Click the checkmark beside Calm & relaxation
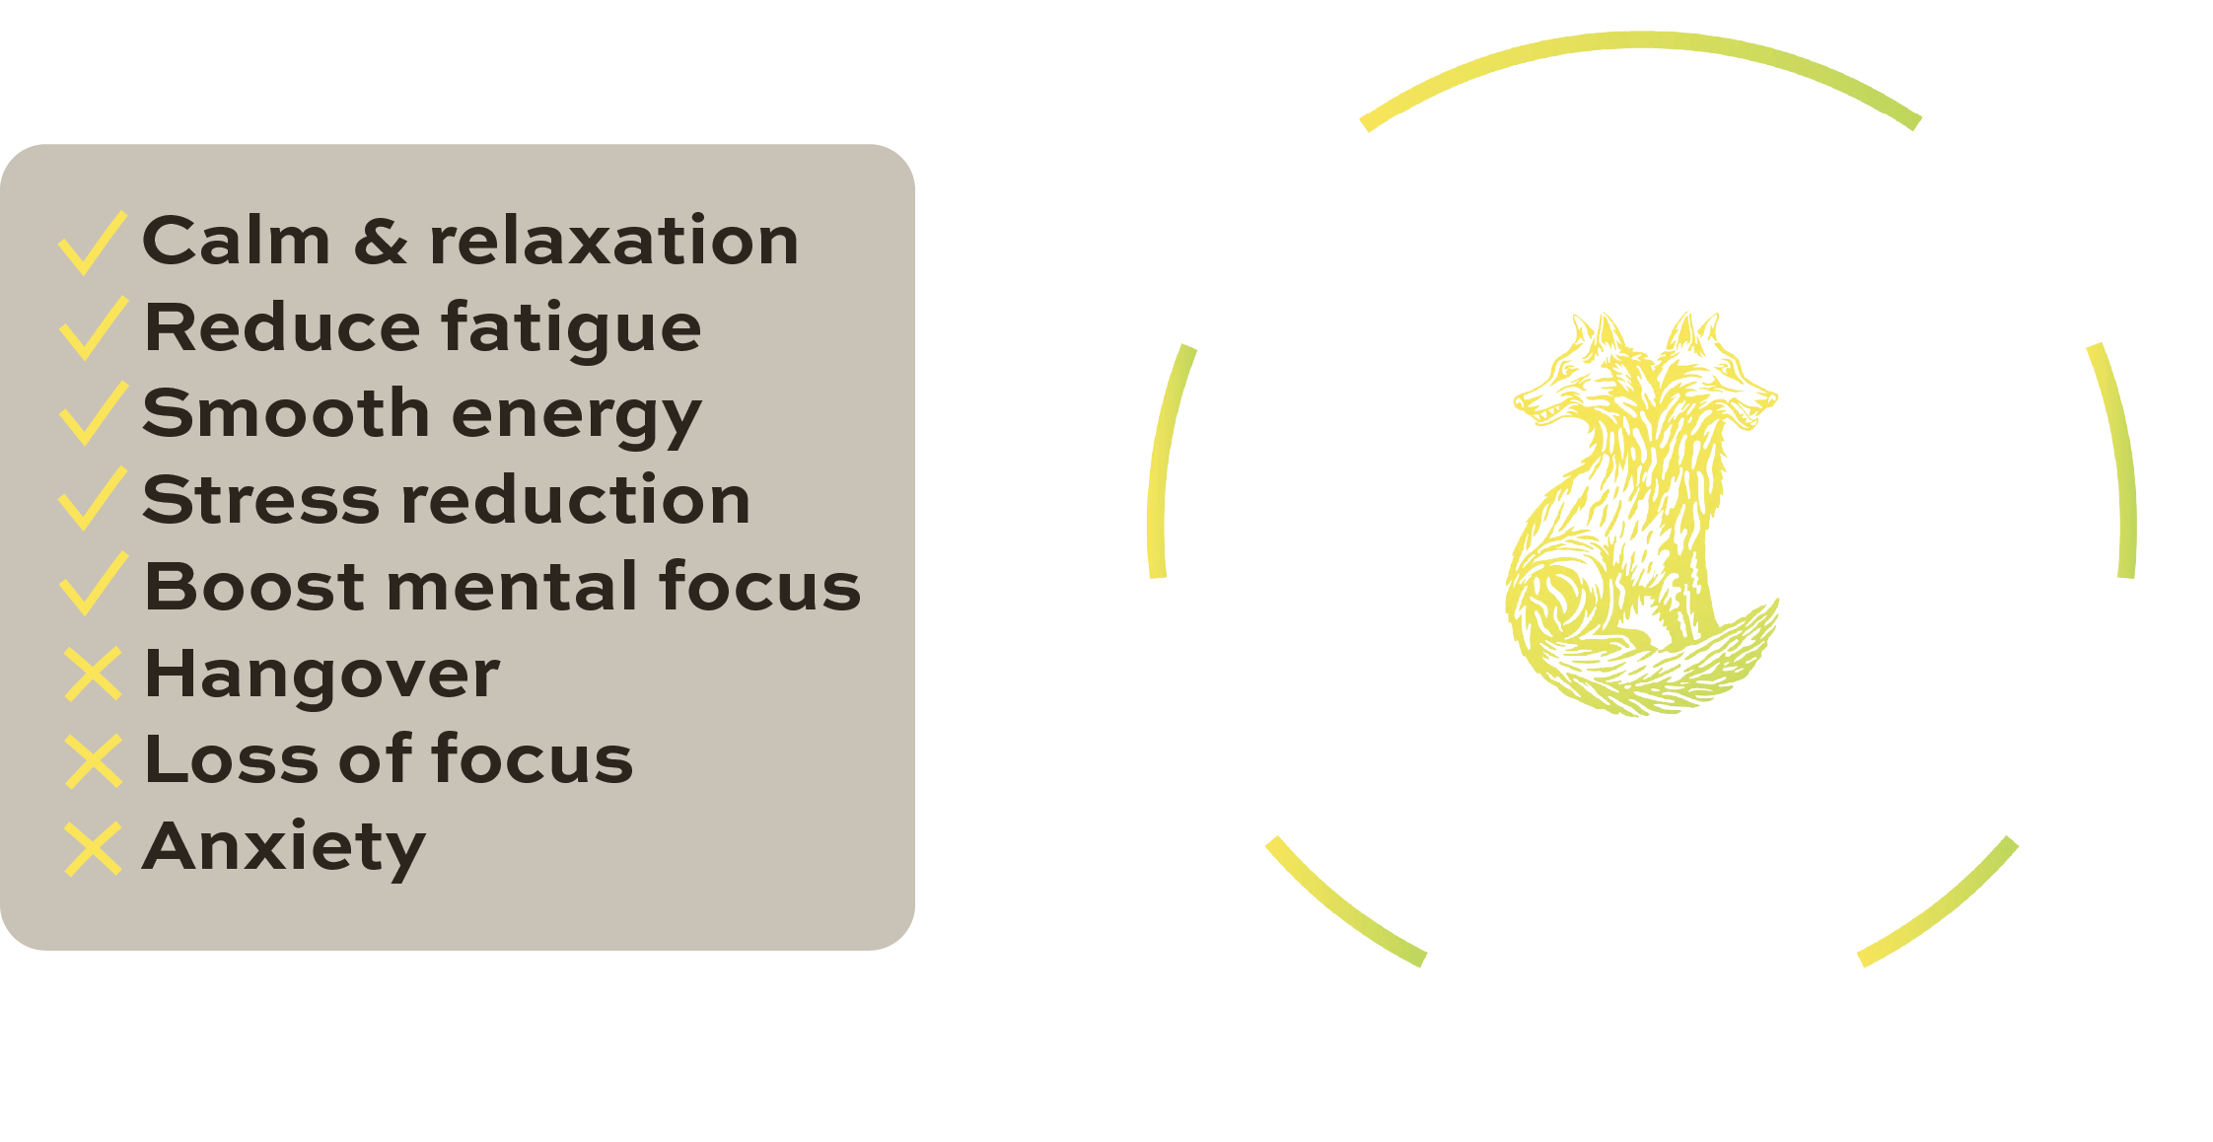[92, 243]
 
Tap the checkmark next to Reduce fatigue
[93, 328]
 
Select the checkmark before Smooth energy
[93, 413]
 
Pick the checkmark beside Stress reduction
[93, 499]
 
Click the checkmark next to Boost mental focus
[93, 584]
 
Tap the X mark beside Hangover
[94, 674]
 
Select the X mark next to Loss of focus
[94, 760]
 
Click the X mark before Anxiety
[93, 848]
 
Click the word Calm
[237, 241]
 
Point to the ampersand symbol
[381, 243]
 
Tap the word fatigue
[571, 329]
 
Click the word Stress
[260, 499]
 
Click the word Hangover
[321, 675]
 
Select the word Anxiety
[284, 848]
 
